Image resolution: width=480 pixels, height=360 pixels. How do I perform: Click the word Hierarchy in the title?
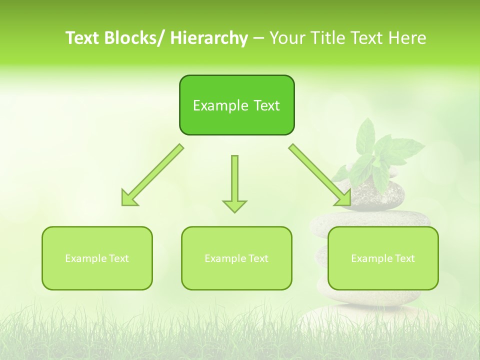[x=208, y=38]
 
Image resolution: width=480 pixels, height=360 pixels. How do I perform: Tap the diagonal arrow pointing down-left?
[x=153, y=175]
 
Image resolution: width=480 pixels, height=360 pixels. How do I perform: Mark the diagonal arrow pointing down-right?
[x=320, y=175]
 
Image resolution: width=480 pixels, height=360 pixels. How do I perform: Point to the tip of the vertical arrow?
[x=234, y=211]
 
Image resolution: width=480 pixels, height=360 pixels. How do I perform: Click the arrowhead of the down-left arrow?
[x=127, y=200]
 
